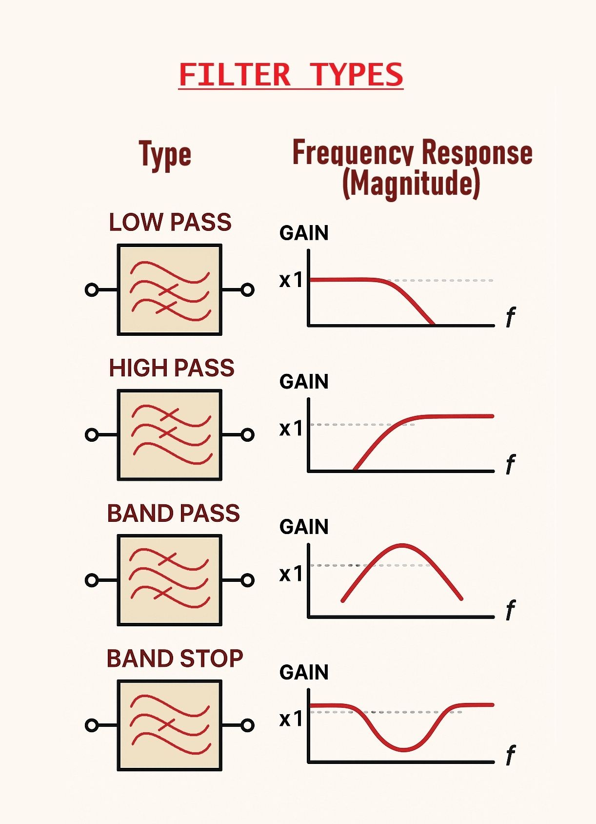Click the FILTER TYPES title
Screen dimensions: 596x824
point(291,75)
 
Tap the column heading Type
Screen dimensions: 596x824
point(165,155)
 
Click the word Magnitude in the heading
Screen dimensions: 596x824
point(411,184)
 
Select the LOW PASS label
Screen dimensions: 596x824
point(170,223)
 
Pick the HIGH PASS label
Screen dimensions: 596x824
point(171,368)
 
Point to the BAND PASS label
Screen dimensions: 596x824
point(173,514)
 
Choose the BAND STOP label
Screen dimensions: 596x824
point(175,659)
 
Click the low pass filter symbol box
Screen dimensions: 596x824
point(170,289)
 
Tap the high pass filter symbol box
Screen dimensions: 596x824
point(170,434)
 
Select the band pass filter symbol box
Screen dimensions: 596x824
point(170,580)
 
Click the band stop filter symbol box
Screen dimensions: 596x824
point(170,725)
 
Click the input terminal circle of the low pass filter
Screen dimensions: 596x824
point(92,290)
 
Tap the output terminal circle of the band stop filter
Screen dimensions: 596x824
point(248,725)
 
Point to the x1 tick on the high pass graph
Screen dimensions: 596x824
point(291,428)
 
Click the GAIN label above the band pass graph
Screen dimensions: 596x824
point(304,527)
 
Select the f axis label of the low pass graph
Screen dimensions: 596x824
point(510,317)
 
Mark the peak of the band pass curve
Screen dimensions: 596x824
point(402,545)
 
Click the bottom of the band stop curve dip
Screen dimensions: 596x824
point(404,749)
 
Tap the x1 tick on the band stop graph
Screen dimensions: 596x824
point(291,719)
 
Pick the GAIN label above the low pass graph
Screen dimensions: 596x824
point(304,233)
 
